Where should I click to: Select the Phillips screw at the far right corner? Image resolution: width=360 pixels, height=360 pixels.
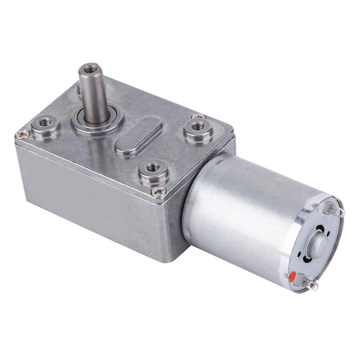tap(199, 116)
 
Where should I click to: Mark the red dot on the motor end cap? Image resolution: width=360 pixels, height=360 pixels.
tap(292, 276)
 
